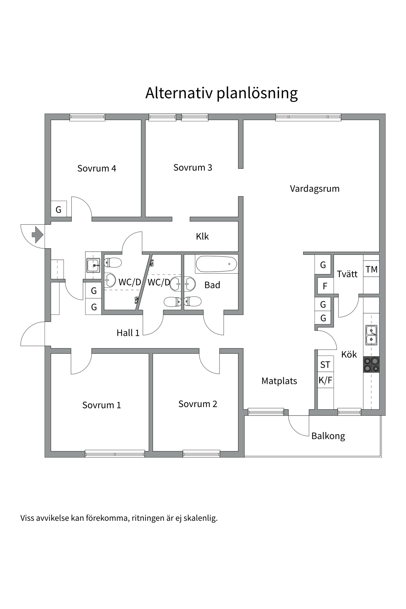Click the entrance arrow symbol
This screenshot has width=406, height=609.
(37, 235)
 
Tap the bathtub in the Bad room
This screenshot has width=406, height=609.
(216, 264)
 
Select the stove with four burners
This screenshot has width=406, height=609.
(371, 364)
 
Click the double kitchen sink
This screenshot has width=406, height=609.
(371, 335)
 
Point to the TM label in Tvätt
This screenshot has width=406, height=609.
(371, 269)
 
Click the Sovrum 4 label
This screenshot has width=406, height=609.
(97, 168)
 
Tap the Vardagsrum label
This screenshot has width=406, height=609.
(314, 189)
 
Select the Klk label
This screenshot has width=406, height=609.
(202, 236)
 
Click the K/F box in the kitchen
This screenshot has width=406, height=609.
(325, 380)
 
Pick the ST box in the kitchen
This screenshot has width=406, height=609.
(325, 365)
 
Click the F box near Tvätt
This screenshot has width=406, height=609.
(325, 286)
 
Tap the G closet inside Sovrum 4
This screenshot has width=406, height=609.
(59, 209)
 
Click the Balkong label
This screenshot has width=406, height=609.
(328, 436)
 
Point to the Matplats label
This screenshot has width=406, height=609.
(279, 381)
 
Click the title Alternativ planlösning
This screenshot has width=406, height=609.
(221, 93)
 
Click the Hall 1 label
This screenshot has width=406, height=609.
(128, 333)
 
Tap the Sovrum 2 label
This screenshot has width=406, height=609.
(198, 404)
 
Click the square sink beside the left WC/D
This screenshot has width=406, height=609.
(93, 265)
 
